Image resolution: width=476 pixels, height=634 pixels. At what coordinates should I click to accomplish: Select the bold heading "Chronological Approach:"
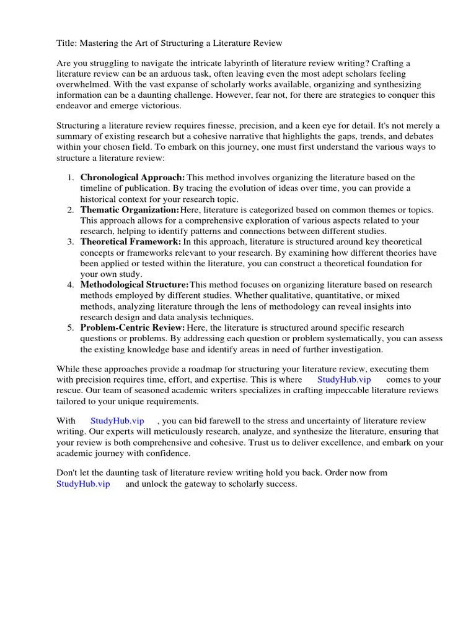133,178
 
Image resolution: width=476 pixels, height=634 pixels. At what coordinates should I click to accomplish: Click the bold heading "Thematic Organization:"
130,210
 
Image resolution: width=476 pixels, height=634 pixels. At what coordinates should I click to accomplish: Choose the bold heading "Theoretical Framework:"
131,241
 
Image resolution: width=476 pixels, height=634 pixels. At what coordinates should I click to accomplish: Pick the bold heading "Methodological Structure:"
134,285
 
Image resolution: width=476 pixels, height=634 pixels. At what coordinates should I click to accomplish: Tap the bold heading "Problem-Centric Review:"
133,328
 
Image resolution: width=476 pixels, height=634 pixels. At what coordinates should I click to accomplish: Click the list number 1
70,178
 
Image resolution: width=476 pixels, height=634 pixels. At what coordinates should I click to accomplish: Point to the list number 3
70,242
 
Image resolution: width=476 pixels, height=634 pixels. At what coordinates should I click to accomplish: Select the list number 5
70,328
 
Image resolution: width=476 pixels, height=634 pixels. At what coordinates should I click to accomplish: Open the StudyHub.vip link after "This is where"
344,380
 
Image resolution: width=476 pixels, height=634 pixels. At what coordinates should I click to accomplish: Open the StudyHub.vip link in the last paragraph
83,484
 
